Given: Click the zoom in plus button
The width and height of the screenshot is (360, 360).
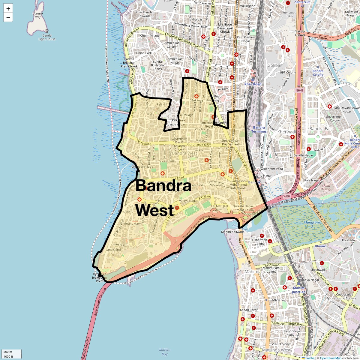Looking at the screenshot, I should pos(8,8).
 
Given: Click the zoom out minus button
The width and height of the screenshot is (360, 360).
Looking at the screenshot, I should pos(8,17).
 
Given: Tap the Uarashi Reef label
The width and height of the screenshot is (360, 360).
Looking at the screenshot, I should pos(38,15).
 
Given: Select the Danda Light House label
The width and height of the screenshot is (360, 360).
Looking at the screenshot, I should pos(47,37).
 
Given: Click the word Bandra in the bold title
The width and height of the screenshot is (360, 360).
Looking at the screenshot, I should pos(163,186).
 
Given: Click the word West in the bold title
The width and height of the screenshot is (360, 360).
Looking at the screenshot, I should pos(155,210).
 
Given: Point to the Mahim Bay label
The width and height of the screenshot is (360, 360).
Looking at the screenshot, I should pos(164,352).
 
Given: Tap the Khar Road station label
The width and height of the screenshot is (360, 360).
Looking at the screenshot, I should pos(253,84).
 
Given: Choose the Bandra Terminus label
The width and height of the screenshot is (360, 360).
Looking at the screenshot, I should pos(259,129).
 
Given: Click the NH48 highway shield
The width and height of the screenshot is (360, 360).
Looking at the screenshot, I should pos(299,90).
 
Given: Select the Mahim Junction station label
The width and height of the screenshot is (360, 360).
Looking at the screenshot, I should pos(299,290).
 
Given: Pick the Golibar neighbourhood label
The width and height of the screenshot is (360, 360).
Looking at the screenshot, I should pos(274,65).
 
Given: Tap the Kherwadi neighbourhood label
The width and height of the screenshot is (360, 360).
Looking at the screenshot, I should pos(286,132).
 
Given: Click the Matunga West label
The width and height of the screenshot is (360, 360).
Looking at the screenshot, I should pos(276,350).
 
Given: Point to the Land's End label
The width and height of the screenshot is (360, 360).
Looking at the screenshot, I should pos(113,250).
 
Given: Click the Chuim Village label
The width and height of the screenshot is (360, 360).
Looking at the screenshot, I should pos(150,35).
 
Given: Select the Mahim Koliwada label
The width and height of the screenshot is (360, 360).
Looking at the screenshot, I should pos(233,232).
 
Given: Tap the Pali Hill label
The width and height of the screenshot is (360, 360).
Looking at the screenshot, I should pos(162,104).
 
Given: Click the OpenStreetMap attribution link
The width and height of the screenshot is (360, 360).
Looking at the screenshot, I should pos(331,358).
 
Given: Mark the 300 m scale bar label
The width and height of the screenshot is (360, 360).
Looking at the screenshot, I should pos(8,352).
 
